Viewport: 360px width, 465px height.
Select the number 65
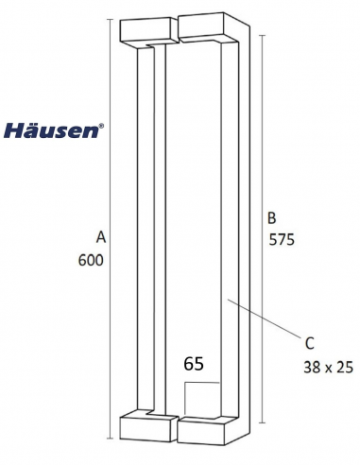tap(194, 362)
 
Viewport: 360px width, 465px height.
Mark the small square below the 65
tap(201, 396)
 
